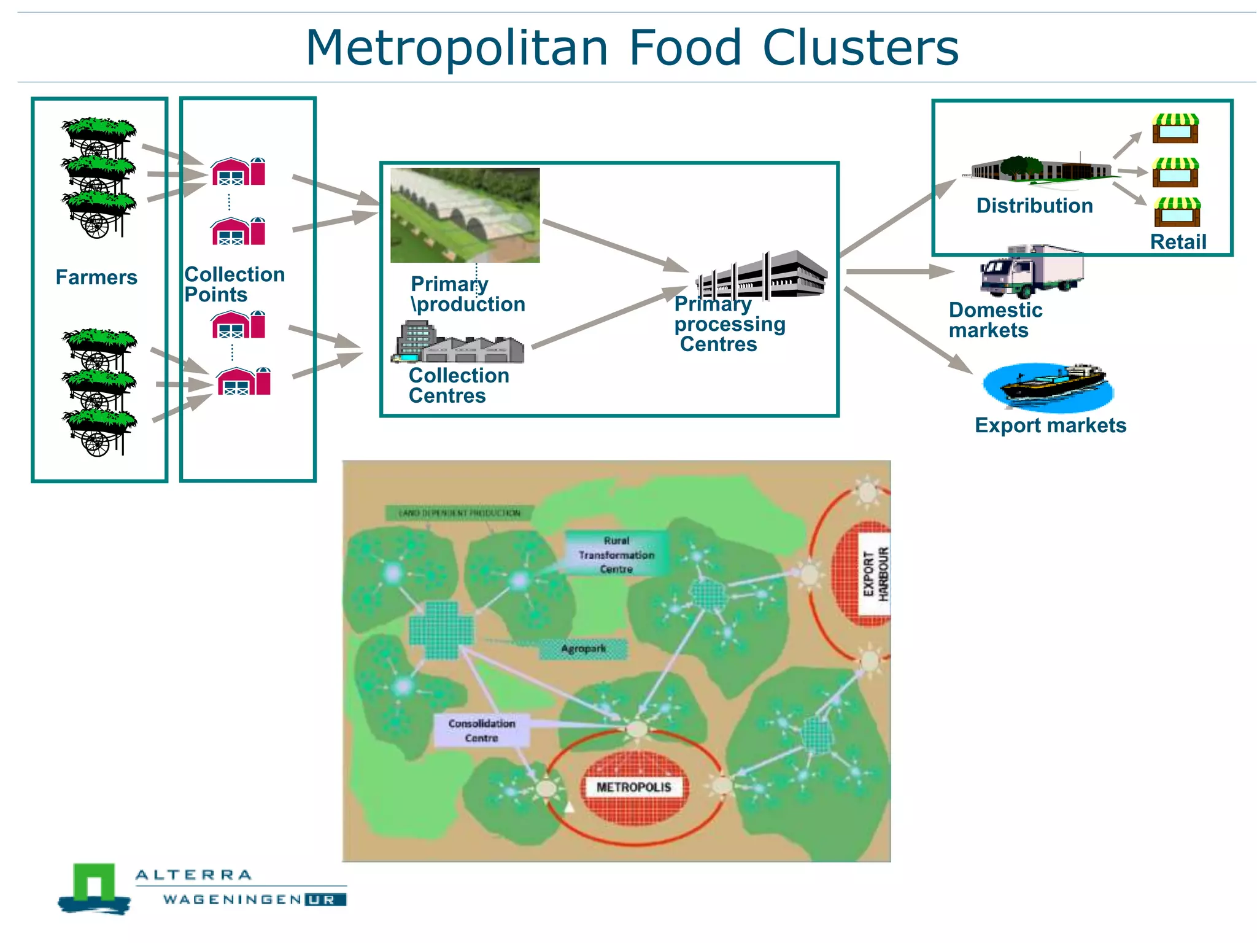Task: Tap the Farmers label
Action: (96, 277)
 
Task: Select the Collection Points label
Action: (234, 284)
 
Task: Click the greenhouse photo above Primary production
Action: (465, 215)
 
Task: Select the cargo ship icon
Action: (1049, 386)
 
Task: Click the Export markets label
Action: (1050, 425)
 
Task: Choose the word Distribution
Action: (1035, 206)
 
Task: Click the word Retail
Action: (1178, 242)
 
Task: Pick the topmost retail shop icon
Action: (1175, 128)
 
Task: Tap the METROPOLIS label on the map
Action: (634, 787)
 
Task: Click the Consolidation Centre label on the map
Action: (482, 731)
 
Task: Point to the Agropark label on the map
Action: (583, 649)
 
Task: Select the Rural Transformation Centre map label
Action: (616, 554)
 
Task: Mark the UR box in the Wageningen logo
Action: (325, 900)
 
